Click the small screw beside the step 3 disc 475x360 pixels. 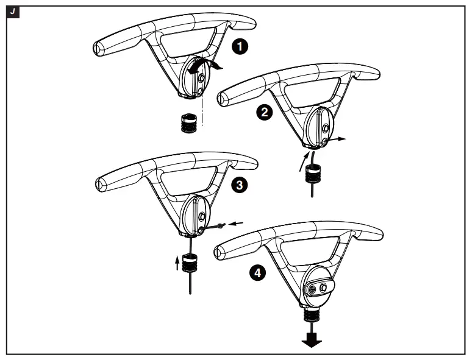[x=220, y=227]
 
